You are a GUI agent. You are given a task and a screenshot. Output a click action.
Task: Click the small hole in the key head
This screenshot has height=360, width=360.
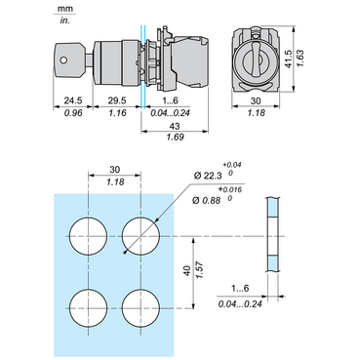tap(63, 60)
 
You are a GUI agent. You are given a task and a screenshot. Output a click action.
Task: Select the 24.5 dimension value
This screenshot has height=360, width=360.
tap(73, 100)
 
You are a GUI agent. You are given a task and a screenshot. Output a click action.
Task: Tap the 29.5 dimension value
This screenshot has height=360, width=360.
tap(117, 100)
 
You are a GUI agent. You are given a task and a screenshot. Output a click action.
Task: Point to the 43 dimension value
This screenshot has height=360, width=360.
tap(175, 126)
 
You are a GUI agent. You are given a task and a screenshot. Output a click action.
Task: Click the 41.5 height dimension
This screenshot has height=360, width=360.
tap(289, 59)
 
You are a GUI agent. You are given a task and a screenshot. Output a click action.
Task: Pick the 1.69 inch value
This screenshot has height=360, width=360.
tap(175, 137)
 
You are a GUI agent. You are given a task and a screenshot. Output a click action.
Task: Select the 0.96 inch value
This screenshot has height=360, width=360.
tap(73, 112)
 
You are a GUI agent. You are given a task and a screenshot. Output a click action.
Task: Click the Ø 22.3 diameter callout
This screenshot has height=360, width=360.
tap(208, 176)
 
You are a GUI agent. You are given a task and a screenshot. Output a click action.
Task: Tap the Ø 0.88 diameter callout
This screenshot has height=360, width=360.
tap(206, 200)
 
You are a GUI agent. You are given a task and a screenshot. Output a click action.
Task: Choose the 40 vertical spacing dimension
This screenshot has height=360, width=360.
tap(187, 271)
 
